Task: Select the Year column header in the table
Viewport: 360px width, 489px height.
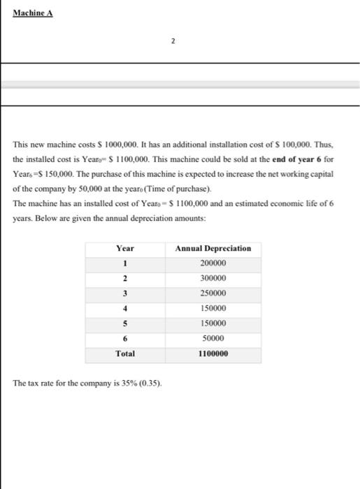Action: (126, 248)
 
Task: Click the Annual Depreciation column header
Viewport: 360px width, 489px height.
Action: (213, 248)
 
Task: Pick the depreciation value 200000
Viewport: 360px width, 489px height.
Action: (213, 263)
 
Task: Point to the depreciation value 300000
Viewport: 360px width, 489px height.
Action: (213, 278)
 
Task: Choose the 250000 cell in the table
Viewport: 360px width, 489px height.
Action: (213, 293)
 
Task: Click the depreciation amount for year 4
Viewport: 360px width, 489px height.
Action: (213, 308)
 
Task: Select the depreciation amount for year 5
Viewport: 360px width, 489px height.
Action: (213, 323)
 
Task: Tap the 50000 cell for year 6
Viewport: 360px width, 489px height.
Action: (213, 338)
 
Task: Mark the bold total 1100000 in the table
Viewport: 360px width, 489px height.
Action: (213, 353)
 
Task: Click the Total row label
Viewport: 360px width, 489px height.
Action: (126, 353)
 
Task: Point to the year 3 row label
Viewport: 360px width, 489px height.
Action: (126, 293)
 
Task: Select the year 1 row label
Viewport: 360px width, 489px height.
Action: (126, 263)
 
